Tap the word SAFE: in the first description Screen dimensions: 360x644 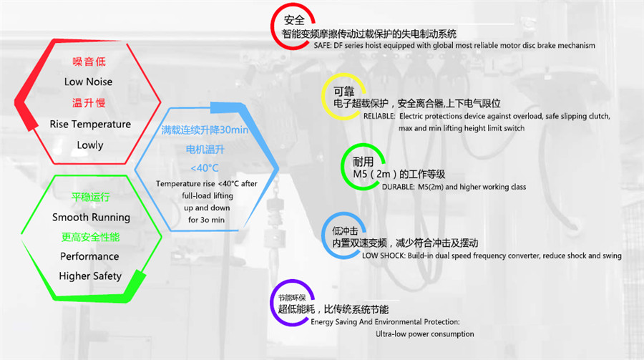pos(324,45)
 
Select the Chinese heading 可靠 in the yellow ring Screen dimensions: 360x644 pos(343,92)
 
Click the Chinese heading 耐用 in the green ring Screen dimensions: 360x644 pos(364,162)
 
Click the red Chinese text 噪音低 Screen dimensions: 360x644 pos(88,61)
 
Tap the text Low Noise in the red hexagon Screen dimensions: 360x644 pos(88,82)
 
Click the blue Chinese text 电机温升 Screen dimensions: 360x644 pos(206,150)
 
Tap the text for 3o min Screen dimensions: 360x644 pos(206,220)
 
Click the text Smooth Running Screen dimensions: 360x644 pos(91,217)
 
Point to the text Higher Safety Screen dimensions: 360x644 pos(90,276)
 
